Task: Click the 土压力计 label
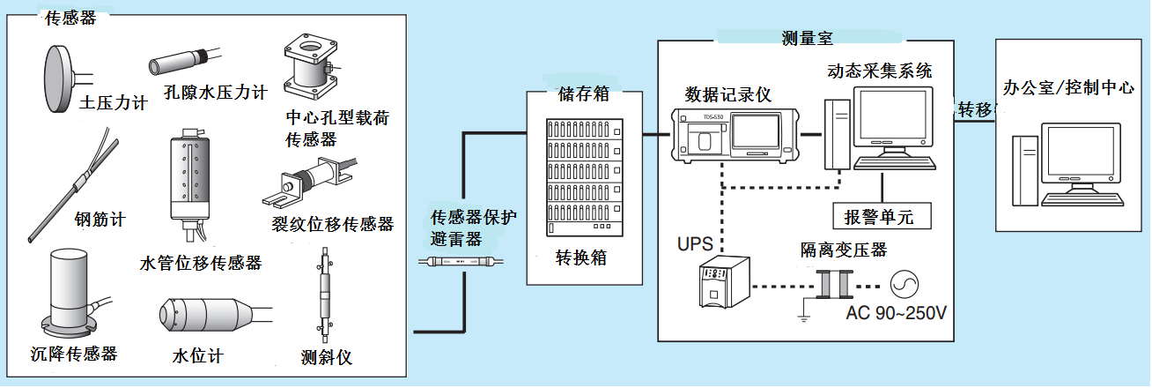click(x=113, y=102)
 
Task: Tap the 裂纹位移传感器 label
click(x=332, y=224)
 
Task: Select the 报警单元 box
click(x=881, y=216)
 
